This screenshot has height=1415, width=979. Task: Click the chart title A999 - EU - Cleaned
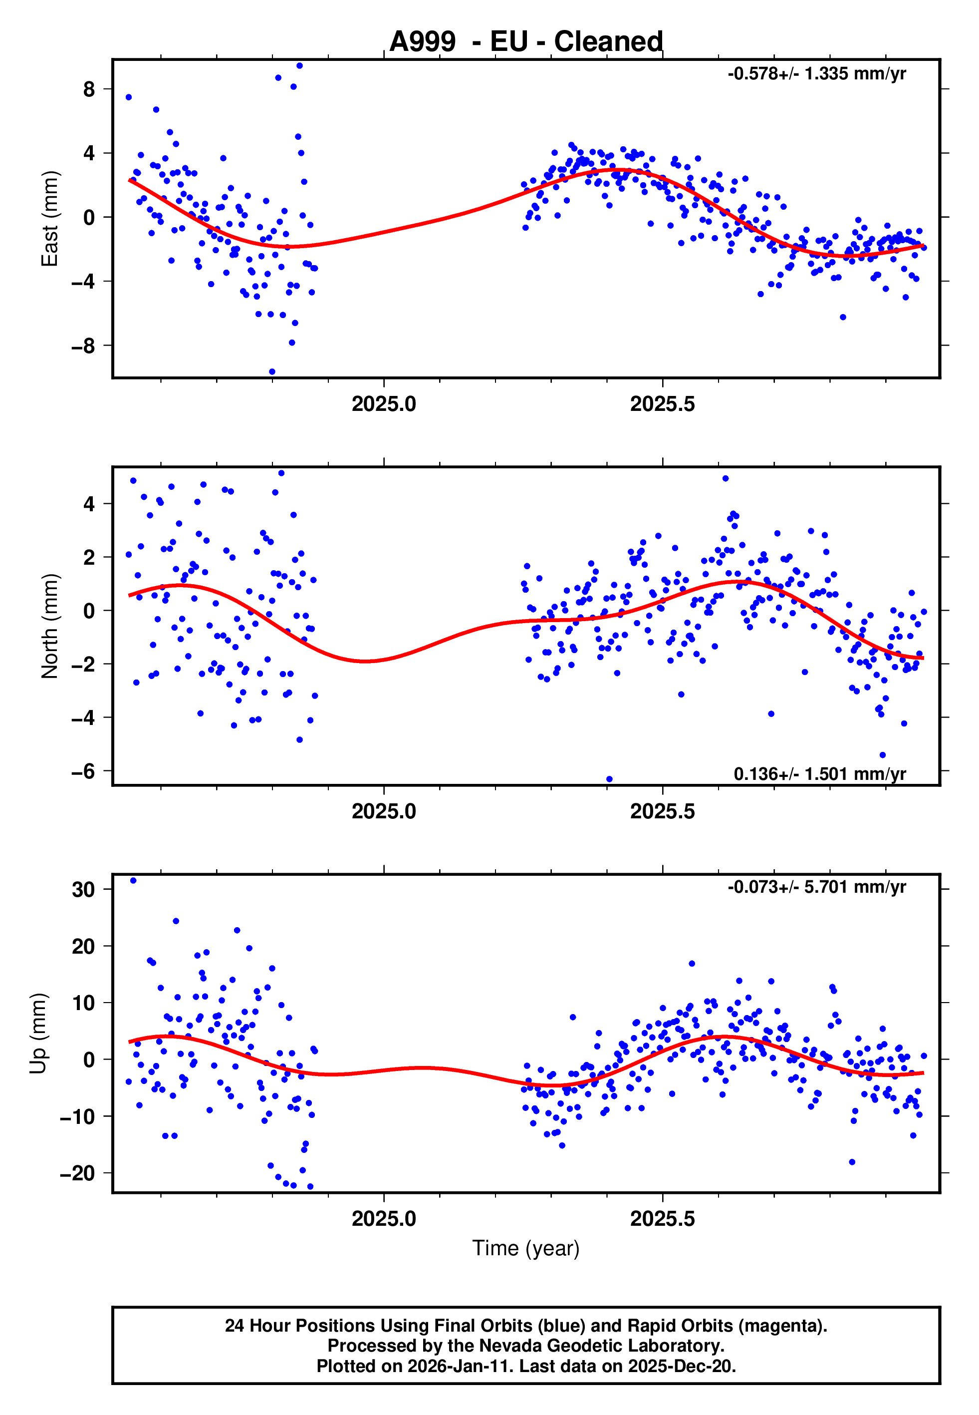[526, 42]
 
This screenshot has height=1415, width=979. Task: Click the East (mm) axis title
[49, 219]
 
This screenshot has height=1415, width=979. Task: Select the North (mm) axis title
[49, 626]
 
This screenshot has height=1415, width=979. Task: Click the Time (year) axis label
[526, 1248]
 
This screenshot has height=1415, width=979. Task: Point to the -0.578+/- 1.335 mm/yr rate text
[816, 74]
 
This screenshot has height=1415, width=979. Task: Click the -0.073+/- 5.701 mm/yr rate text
[816, 887]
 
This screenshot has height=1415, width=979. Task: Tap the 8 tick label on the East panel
[89, 89]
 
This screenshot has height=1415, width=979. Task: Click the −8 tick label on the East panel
[83, 346]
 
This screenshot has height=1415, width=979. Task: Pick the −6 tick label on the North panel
[83, 771]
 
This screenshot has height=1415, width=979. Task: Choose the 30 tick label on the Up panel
[83, 890]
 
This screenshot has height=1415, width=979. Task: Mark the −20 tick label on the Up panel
[78, 1173]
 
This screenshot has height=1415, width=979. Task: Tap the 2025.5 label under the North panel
[663, 811]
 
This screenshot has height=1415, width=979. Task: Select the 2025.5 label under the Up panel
[663, 1219]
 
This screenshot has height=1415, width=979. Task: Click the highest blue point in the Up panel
[133, 881]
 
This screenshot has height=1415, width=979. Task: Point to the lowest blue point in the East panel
[272, 372]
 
